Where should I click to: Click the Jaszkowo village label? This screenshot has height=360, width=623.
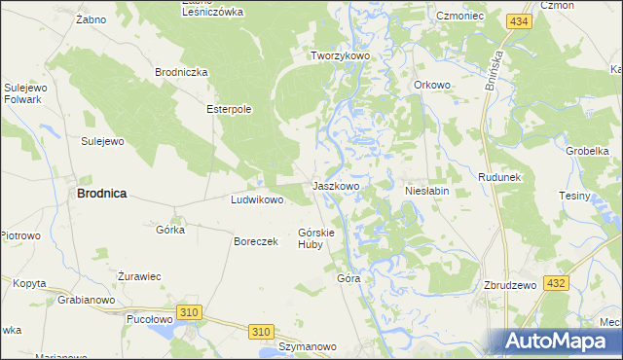336,185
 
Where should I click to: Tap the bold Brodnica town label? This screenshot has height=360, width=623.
101,194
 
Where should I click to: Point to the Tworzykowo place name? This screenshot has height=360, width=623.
341,56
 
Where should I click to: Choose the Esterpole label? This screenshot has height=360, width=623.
229,109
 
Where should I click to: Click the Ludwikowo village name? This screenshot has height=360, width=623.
256,200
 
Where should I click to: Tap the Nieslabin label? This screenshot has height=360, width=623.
426,192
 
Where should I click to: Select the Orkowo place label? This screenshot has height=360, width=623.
432,85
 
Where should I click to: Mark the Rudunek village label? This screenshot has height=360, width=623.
501,178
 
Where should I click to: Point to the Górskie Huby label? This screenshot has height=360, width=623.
316,238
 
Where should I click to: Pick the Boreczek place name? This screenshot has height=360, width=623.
257,241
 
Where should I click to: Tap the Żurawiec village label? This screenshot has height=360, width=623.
139,276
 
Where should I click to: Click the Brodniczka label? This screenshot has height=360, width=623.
182,72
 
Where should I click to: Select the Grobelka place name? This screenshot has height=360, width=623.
587,151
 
